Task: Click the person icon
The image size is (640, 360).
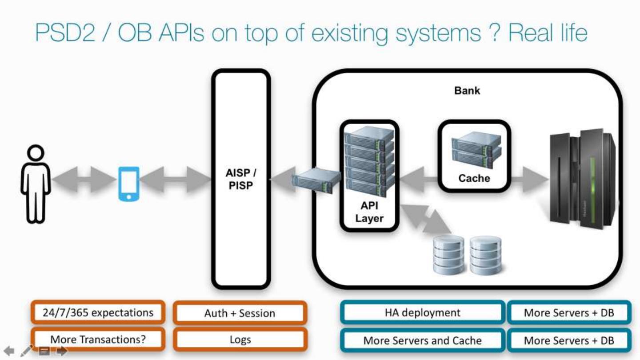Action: pos(36,184)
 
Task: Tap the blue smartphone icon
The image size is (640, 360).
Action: pos(129,184)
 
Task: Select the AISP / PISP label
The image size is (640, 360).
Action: pos(241,179)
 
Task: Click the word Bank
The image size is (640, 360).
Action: pos(467,91)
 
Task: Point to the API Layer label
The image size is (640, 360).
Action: pos(369,212)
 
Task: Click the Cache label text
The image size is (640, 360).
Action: pos(474,178)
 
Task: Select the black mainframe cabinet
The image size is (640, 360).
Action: pos(583,179)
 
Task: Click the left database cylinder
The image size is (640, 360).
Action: pos(448,255)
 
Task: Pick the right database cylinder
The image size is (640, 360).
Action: pos(486,255)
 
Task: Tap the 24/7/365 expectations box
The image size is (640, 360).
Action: pos(98,312)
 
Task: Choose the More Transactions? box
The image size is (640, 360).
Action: pos(98,340)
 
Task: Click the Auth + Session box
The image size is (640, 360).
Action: pos(240,313)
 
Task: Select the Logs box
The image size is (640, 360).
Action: pos(240,340)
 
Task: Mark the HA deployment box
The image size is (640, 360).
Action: pos(423,312)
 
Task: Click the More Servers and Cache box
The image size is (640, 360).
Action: pos(423,340)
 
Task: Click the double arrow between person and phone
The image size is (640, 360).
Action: pos(84,180)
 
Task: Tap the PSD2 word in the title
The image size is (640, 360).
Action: pos(65,32)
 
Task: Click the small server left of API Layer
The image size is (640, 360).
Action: pos(316,180)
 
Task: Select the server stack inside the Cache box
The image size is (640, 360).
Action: pos(476,149)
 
